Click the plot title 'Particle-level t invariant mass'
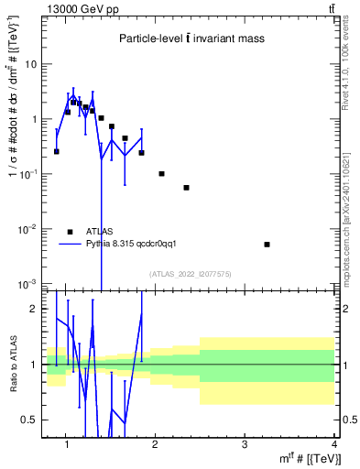(x=191, y=38)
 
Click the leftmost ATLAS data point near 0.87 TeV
(x=57, y=151)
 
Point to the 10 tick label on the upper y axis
(x=30, y=65)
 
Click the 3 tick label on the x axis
(x=244, y=444)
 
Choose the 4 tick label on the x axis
(x=333, y=444)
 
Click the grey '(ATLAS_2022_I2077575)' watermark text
(x=191, y=273)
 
